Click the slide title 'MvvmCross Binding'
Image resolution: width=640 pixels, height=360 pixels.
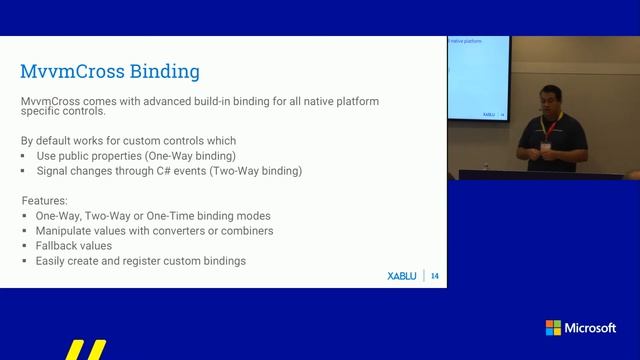pos(110,71)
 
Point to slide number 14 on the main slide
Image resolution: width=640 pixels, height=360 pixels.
pos(435,276)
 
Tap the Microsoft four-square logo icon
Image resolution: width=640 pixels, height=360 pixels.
pos(553,328)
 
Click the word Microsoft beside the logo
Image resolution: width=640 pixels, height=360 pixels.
pos(591,328)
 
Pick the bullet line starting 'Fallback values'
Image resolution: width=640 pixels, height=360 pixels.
pos(73,245)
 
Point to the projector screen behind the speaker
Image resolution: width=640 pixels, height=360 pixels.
pos(478,80)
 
